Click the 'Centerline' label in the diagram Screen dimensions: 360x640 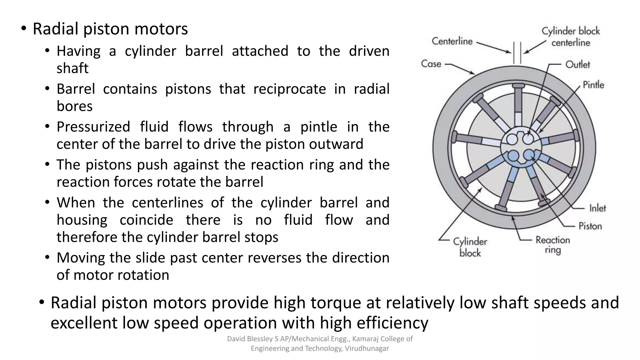452,41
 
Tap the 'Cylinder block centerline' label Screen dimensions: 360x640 571,37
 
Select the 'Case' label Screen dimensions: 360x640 431,64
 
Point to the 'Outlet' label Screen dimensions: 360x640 577,64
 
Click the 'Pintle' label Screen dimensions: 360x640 593,85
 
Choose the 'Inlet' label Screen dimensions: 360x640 597,208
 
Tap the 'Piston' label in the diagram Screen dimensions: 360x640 590,226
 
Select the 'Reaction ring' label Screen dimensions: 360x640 552,245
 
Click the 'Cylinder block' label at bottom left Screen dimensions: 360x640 470,247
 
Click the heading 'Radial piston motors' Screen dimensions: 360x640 110,29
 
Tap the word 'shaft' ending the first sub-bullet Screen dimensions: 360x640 72,68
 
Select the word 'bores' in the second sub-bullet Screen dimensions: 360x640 74,106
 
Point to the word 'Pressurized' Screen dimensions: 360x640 93,127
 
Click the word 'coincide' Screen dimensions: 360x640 146,220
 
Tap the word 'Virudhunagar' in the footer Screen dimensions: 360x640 367,348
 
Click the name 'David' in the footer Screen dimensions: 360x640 236,339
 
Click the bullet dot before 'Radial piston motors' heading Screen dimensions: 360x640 24,29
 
